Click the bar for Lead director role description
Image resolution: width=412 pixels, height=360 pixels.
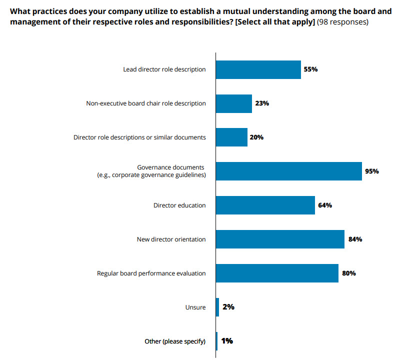tap(258, 69)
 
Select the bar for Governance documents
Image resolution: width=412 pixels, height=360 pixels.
tap(288, 171)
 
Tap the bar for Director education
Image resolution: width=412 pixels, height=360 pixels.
tap(265, 205)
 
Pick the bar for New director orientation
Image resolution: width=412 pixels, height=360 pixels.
tap(280, 239)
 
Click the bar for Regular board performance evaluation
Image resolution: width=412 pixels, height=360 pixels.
tap(277, 273)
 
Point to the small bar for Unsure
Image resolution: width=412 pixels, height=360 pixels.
tap(217, 307)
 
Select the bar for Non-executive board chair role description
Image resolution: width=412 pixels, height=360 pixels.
tap(233, 103)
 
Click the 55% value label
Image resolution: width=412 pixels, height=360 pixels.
tap(310, 69)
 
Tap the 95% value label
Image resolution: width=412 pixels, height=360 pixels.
tap(371, 171)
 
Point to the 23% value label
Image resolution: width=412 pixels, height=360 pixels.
tap(262, 103)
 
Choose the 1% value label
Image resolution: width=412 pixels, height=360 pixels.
tap(226, 341)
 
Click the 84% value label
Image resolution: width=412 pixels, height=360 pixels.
tap(354, 239)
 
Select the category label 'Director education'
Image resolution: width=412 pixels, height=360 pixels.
tap(179, 205)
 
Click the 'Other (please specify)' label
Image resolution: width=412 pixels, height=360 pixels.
tap(175, 341)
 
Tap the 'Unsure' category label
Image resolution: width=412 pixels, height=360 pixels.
tap(195, 307)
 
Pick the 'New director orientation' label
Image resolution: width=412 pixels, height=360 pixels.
tap(171, 239)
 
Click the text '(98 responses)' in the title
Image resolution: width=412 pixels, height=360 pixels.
tap(342, 22)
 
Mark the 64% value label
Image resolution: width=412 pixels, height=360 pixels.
tap(325, 205)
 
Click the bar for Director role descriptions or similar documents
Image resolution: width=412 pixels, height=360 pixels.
tap(231, 137)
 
